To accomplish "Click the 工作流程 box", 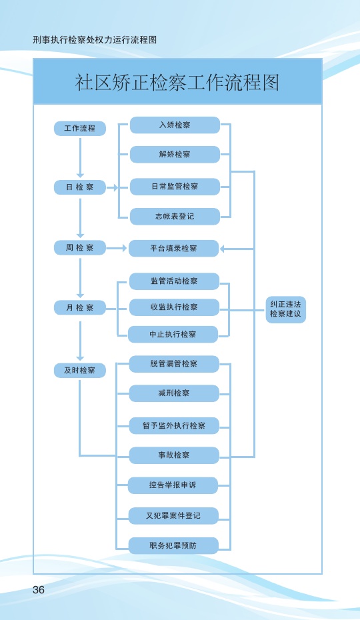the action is (x=80, y=129).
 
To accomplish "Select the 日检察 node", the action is (x=80, y=187).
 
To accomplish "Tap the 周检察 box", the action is (x=80, y=248).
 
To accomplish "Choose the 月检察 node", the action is (x=80, y=307).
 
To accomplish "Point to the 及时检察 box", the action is (x=80, y=371).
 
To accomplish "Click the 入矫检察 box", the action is (x=175, y=125).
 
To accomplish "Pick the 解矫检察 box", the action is (x=175, y=154).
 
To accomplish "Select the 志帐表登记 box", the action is (x=175, y=216).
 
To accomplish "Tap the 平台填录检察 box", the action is (x=174, y=248).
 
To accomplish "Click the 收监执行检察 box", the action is (x=174, y=307).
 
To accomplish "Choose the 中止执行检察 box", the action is (x=173, y=335).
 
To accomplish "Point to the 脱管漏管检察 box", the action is (x=174, y=364).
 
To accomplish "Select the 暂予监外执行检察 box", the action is (x=174, y=426).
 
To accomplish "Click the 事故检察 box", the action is (x=174, y=455).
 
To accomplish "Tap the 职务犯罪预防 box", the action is (x=173, y=545).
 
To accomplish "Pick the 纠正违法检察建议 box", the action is (x=285, y=309).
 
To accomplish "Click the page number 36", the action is (x=39, y=589).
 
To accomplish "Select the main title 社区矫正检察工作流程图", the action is (x=177, y=82).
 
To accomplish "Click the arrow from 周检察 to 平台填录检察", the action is (x=116, y=248).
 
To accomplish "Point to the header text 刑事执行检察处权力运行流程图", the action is (x=95, y=40).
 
